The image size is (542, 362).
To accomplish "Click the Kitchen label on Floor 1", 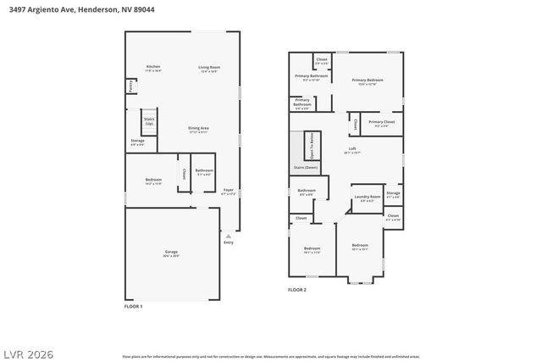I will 152,67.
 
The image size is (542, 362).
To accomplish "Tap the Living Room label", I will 209,68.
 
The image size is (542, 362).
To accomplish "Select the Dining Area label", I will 198,129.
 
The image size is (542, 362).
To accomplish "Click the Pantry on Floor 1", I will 130,86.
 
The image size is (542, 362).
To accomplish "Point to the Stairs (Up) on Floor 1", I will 149,121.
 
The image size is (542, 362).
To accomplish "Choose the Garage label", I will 171,253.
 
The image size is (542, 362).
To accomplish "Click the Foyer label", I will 228,191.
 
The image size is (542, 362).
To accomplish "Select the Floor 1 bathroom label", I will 203,172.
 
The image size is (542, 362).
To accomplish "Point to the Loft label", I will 351,149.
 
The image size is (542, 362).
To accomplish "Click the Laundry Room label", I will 367,198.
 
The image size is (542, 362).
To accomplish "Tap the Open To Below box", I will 311,147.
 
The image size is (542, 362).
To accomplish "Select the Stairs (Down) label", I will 305,168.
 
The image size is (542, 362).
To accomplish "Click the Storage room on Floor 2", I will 392,195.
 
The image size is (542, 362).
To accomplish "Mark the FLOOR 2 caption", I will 296,290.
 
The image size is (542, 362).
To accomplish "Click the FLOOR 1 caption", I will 134,306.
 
